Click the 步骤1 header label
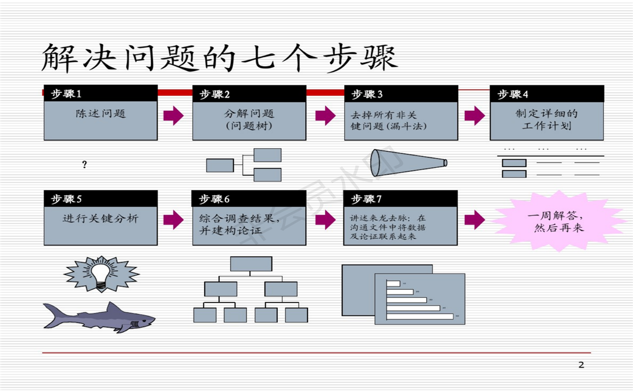(66, 94)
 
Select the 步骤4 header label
(513, 94)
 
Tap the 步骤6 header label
(214, 199)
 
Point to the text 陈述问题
(101, 114)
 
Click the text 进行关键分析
(101, 219)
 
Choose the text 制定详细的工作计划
(546, 120)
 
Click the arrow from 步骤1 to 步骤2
(173, 116)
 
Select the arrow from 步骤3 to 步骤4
(475, 116)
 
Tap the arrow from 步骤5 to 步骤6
(173, 220)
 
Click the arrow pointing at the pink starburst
(475, 220)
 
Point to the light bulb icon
(102, 274)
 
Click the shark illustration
(99, 317)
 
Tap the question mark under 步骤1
(84, 165)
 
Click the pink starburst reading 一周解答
(558, 221)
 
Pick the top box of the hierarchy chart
(251, 264)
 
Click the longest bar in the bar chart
(420, 317)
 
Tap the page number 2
(581, 365)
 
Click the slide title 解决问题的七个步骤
(220, 58)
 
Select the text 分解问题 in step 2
(249, 114)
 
